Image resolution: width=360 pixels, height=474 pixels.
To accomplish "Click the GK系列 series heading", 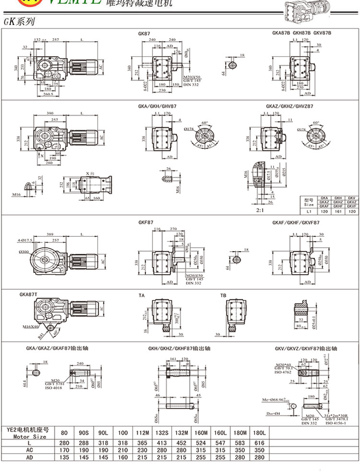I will [x=19, y=22].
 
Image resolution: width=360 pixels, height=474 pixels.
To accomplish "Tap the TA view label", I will [x=142, y=295].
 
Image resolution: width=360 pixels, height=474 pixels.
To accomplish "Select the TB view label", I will [x=223, y=295].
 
